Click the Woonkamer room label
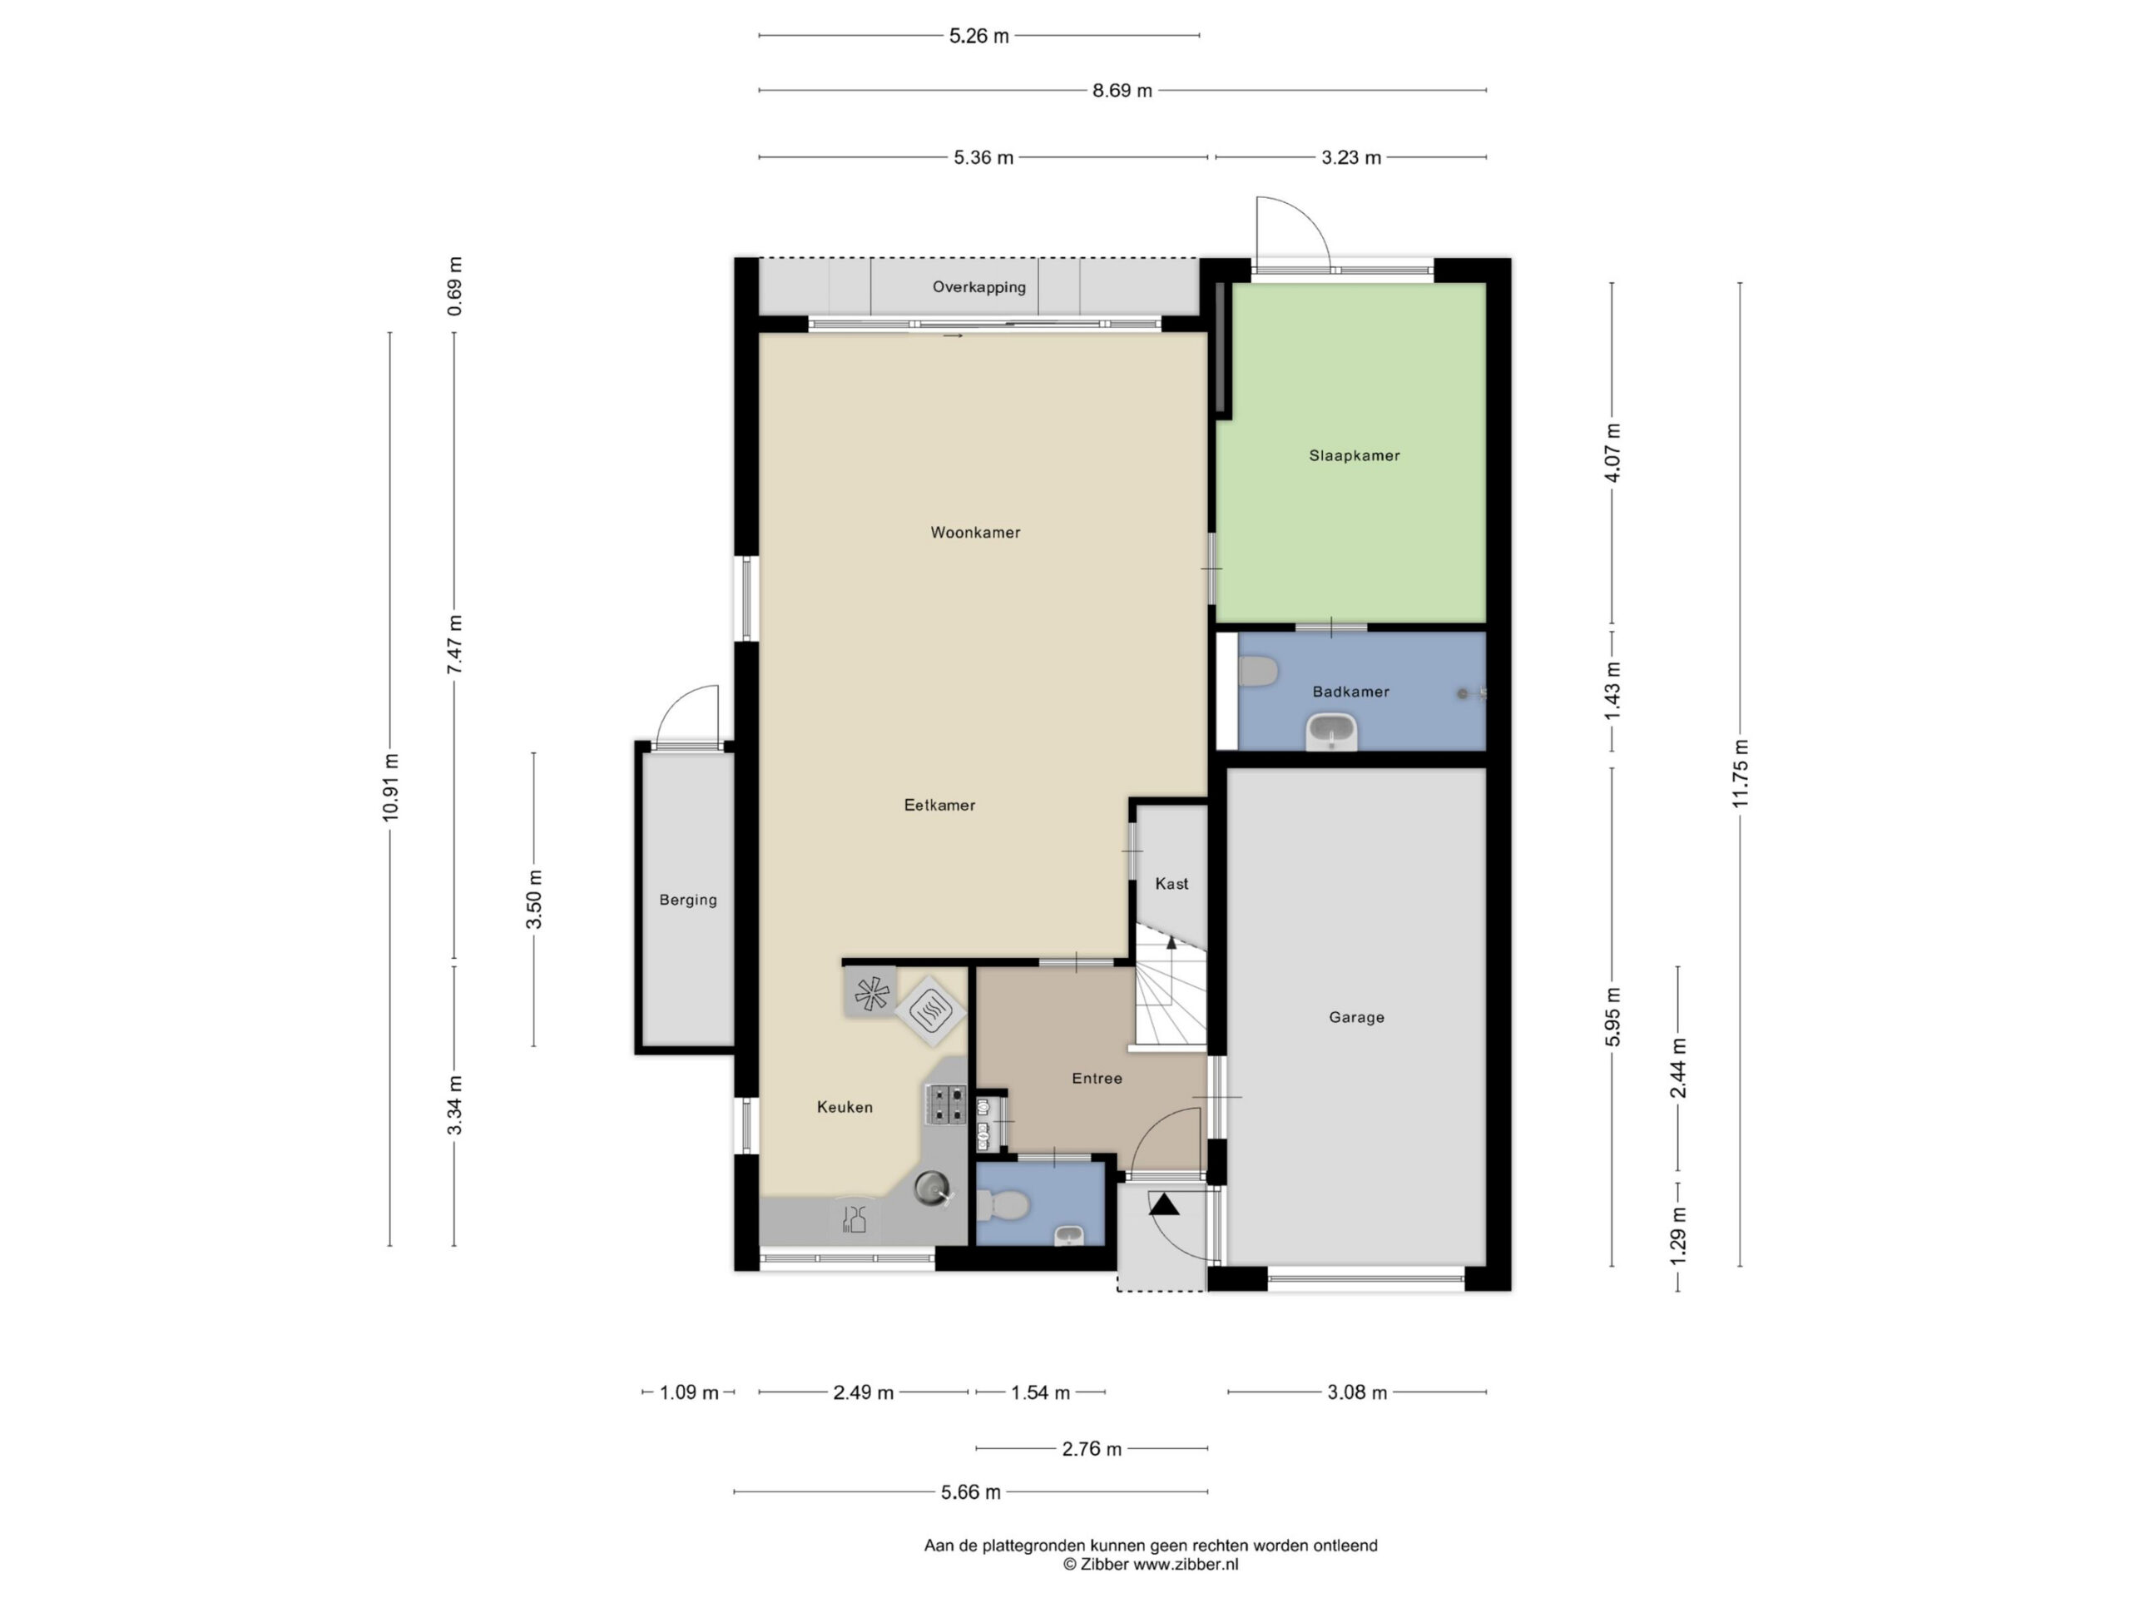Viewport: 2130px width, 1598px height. coord(974,533)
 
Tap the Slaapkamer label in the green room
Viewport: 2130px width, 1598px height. coord(1354,455)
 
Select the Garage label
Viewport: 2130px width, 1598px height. coord(1357,1017)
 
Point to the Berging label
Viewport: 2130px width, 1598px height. coord(687,901)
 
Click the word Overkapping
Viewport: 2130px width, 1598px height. coord(978,287)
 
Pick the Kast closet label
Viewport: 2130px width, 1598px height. coord(1171,883)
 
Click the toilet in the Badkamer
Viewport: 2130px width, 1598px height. coord(1257,672)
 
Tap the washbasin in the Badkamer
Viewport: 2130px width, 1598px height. coord(1332,732)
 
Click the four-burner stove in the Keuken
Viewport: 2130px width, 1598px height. coord(945,1104)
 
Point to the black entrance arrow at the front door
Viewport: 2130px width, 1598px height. coord(1163,1204)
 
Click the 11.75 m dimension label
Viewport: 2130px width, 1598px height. coord(1740,773)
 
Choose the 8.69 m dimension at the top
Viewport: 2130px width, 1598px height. coord(1122,91)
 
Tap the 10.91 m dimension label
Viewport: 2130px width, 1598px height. coord(390,787)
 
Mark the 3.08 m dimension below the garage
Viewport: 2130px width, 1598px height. coord(1357,1392)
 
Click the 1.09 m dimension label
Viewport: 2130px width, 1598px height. coord(688,1392)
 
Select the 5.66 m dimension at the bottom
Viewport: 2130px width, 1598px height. coord(971,1492)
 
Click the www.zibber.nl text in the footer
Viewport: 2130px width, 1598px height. coord(1186,1564)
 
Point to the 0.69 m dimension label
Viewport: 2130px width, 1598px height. coord(454,286)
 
